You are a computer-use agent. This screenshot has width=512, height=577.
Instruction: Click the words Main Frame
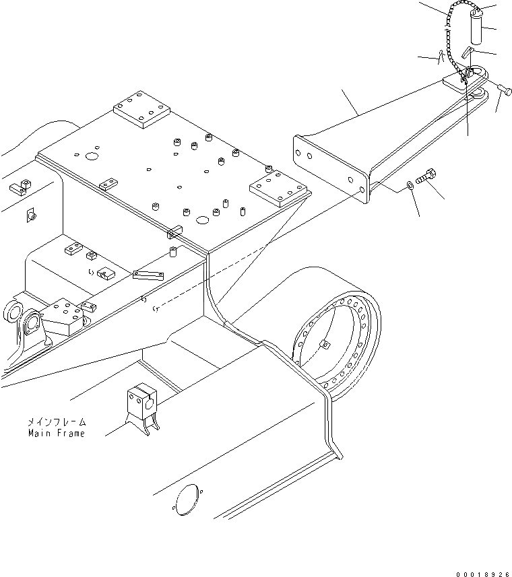(x=57, y=433)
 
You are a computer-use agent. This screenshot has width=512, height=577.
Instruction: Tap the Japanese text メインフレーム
(x=57, y=421)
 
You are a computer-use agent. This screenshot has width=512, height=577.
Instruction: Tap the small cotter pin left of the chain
(x=440, y=56)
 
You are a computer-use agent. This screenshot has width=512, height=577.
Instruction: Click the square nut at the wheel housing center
(x=325, y=345)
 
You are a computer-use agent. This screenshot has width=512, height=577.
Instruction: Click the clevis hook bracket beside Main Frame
(x=140, y=405)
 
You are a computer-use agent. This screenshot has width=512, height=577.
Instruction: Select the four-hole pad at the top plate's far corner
(x=139, y=109)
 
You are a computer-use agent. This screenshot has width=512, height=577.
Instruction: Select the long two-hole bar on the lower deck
(x=150, y=275)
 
